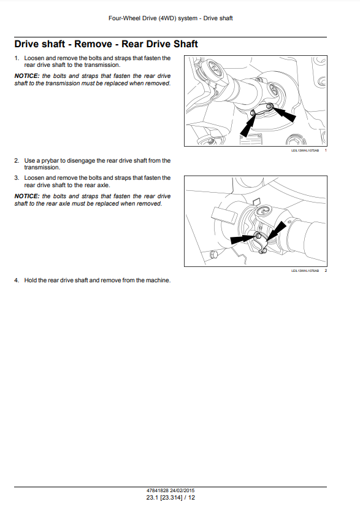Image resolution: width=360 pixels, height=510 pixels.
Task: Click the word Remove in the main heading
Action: (x=93, y=44)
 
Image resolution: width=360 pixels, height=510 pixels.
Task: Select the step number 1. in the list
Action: (x=17, y=58)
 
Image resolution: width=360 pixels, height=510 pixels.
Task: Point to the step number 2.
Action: (x=17, y=161)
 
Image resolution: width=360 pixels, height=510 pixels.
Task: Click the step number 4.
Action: (x=17, y=280)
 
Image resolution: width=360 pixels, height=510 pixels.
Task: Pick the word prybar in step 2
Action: (x=50, y=161)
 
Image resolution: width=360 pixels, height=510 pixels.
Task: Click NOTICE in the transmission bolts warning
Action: (x=26, y=75)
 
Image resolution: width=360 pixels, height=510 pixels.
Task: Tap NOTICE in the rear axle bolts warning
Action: (x=26, y=196)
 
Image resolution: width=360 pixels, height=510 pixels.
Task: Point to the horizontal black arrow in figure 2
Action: (x=243, y=239)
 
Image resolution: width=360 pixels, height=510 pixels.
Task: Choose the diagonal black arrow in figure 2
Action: (x=277, y=231)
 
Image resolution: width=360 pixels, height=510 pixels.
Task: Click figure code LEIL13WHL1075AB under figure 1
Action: (x=305, y=150)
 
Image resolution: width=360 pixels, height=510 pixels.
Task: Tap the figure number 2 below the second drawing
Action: (x=326, y=271)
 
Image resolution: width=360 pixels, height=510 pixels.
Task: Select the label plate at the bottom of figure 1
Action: (x=251, y=139)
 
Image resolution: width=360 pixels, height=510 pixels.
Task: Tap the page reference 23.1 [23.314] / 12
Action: (x=170, y=498)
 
